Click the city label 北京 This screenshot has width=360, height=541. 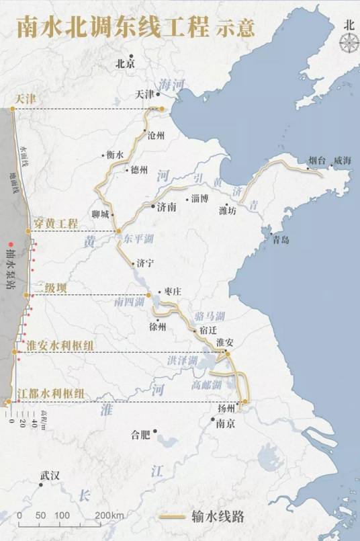pyautogui.click(x=125, y=65)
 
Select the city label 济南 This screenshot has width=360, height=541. pyautogui.click(x=167, y=208)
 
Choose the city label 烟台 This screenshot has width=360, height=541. pyautogui.click(x=316, y=160)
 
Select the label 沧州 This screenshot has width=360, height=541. pyautogui.click(x=156, y=135)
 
